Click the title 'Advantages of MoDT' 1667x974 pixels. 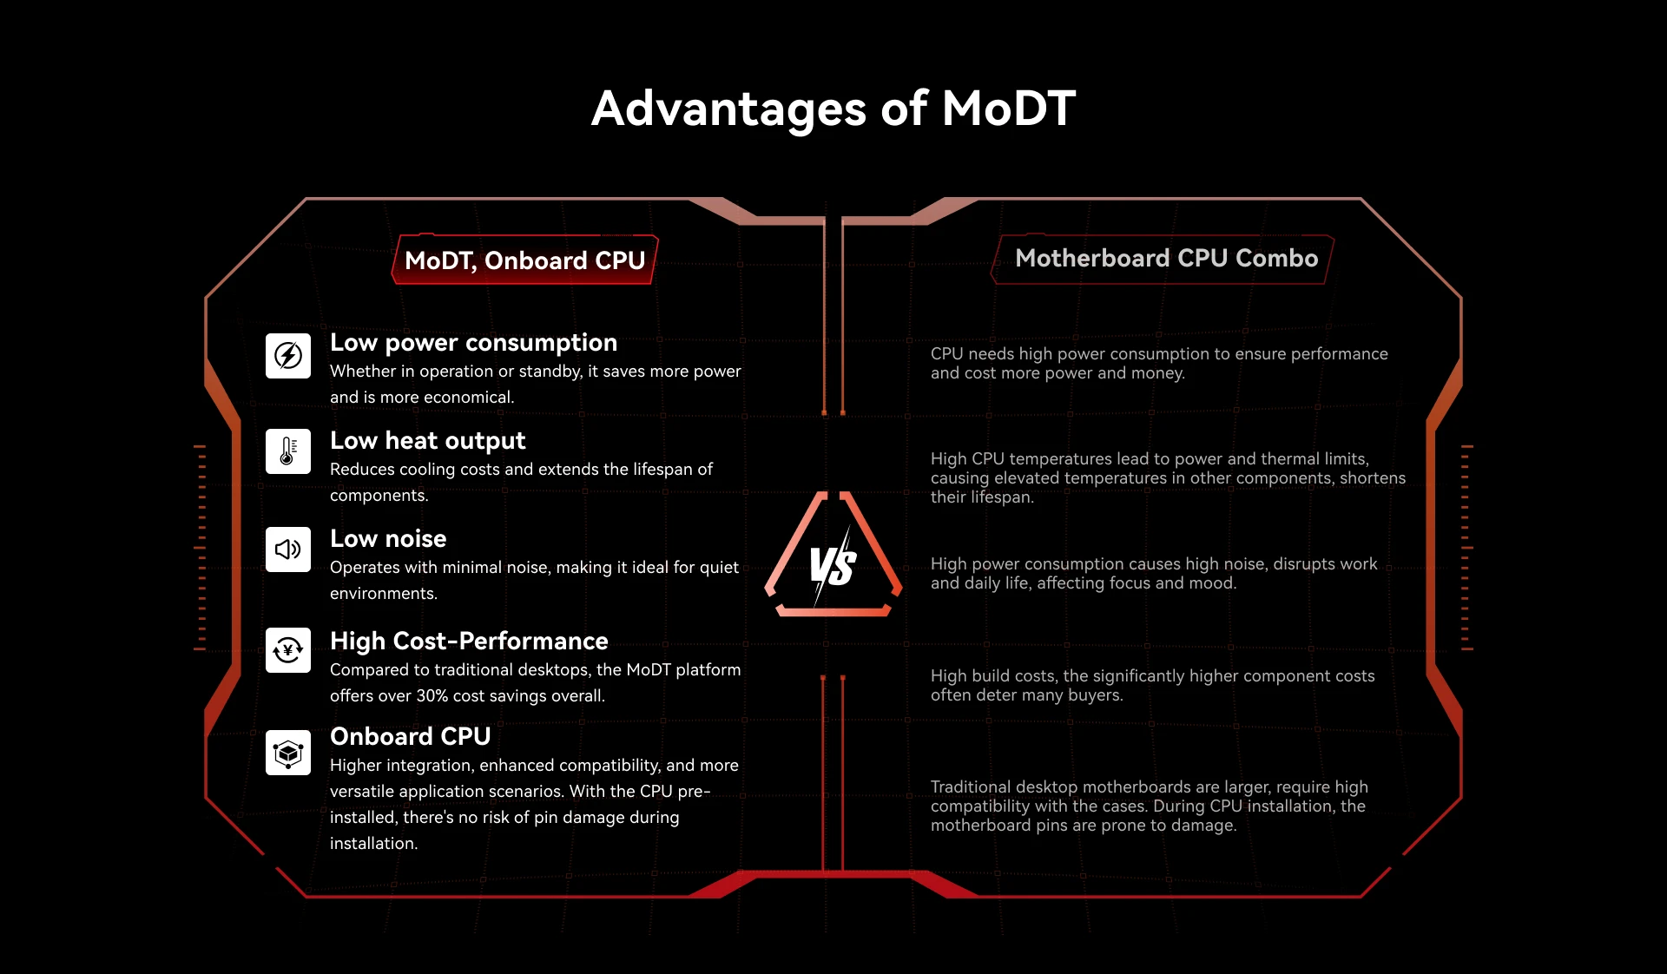(833, 109)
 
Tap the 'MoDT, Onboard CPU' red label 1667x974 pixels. (525, 260)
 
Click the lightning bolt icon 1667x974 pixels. (288, 355)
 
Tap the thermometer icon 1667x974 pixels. (288, 451)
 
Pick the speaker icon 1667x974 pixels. (288, 550)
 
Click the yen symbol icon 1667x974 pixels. (288, 650)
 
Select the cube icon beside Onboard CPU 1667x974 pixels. (288, 753)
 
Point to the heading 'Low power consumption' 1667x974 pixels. (473, 343)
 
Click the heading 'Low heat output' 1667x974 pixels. (428, 441)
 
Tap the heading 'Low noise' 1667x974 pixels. (388, 538)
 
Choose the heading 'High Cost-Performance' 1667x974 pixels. (469, 641)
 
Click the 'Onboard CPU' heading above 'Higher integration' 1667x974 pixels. (411, 736)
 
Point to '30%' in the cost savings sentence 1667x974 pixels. (432, 695)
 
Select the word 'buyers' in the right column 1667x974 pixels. (1098, 695)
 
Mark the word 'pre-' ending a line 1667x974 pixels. (695, 792)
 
